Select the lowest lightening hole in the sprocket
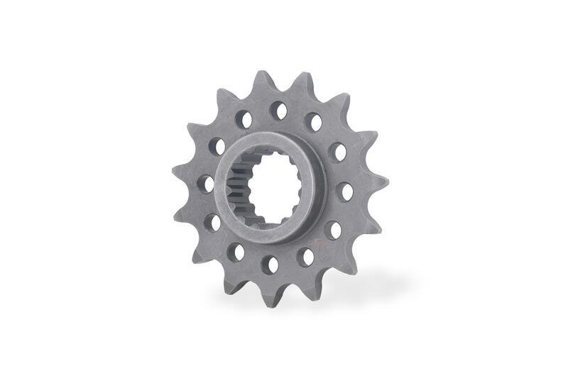270,265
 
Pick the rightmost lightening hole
344,191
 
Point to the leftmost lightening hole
205,184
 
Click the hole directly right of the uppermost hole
313,122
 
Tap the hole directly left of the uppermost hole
244,119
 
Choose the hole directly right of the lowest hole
305,257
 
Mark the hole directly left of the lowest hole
236,252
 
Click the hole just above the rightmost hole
337,152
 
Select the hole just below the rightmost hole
333,230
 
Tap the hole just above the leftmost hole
217,147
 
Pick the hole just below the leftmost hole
212,222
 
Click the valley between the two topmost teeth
284,84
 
